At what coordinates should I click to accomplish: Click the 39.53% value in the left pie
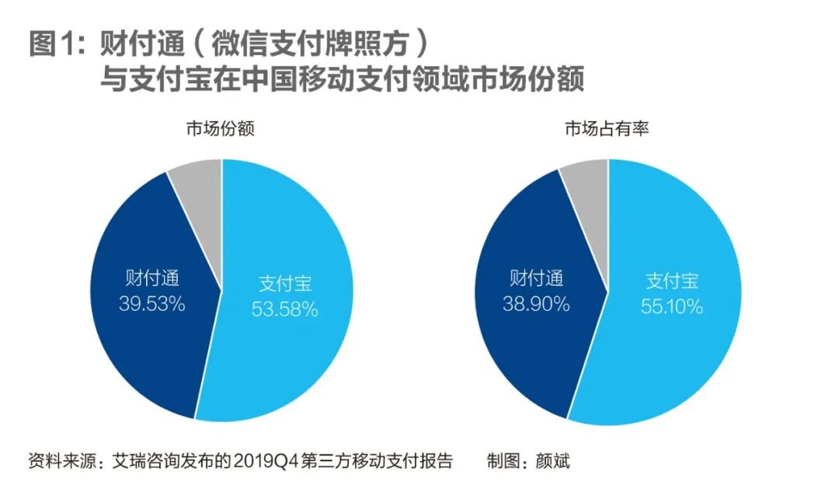(x=152, y=303)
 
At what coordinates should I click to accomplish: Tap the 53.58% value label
(x=284, y=309)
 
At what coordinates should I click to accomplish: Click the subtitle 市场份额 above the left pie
(x=221, y=128)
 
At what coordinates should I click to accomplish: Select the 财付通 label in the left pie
(x=152, y=278)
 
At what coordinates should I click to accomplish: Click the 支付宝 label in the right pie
(x=672, y=281)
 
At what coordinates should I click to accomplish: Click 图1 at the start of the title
(x=53, y=44)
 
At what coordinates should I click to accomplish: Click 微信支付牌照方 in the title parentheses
(x=311, y=44)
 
